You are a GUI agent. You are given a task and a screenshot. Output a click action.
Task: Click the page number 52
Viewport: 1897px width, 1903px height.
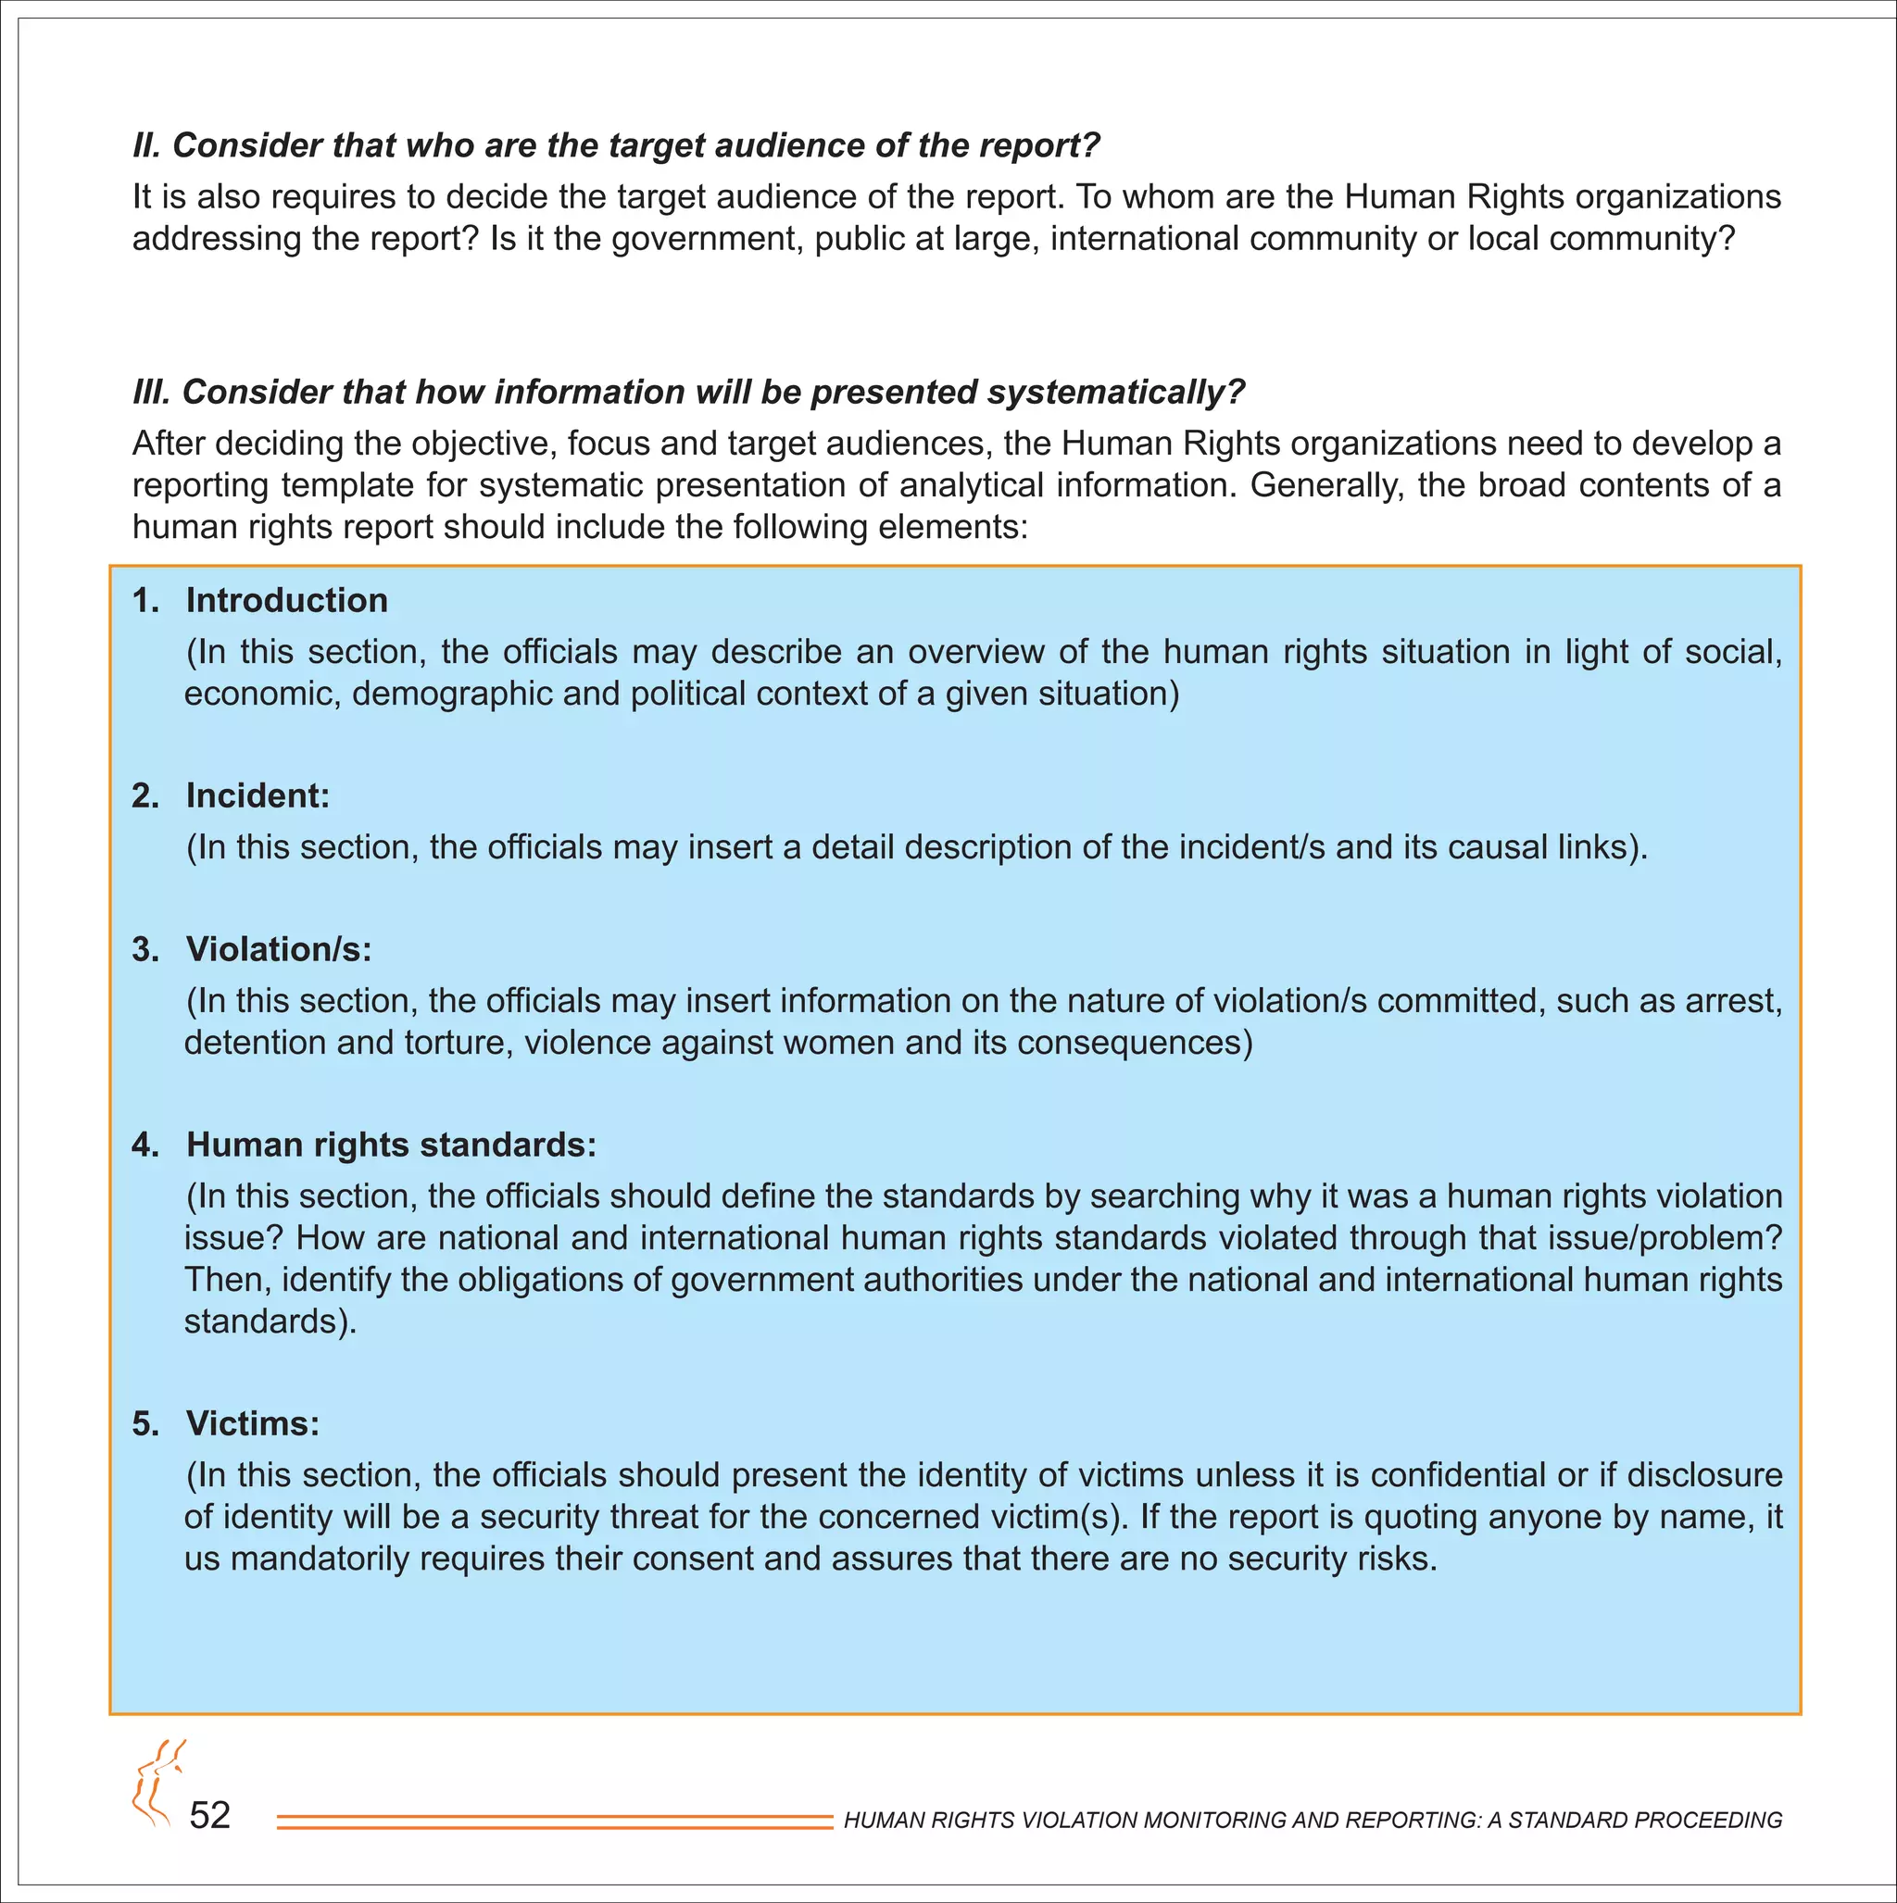point(209,1815)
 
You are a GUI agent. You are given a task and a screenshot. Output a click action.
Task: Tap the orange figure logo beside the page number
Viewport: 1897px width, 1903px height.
point(156,1785)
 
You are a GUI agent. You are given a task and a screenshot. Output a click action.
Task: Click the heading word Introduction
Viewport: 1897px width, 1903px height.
point(287,600)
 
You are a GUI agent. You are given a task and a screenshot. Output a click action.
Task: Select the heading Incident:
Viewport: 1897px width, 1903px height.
point(258,795)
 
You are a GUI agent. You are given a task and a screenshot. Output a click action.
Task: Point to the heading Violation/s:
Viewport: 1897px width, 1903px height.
point(279,948)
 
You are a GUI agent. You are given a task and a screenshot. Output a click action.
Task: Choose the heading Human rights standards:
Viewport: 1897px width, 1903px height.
point(391,1144)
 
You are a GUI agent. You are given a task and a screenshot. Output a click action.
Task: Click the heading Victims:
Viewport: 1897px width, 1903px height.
point(253,1422)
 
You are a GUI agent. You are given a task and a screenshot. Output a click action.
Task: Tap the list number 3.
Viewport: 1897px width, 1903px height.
point(144,948)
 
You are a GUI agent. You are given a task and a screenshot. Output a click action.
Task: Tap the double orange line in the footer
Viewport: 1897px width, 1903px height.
point(555,1822)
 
